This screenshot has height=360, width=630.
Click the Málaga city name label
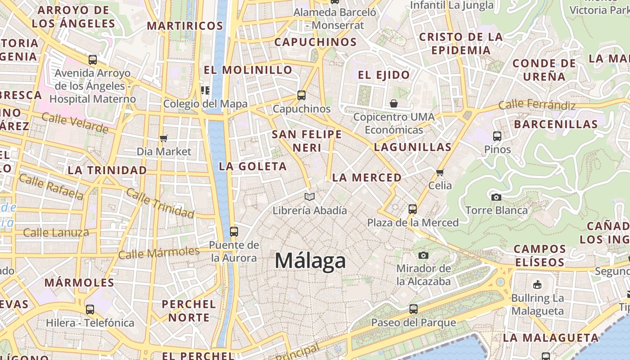(310, 261)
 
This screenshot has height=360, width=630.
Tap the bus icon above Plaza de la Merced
(413, 209)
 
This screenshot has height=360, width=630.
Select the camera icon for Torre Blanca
(496, 197)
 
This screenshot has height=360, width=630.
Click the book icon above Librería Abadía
(310, 197)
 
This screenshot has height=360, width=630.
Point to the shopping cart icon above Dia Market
(164, 138)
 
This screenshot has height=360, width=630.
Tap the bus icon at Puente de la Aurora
(234, 231)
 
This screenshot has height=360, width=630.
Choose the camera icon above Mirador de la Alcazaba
(423, 255)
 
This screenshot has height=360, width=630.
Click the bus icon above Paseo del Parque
(413, 309)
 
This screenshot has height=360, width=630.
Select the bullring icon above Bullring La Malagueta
(537, 284)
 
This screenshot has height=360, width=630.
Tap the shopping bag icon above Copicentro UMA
(394, 103)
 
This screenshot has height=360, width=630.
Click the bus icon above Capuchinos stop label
(301, 95)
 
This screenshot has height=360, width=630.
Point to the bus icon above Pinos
(497, 136)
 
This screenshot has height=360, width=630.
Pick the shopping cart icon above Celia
(440, 172)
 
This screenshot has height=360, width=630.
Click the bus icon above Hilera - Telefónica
(90, 309)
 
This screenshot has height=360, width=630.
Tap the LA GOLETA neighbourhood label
(252, 166)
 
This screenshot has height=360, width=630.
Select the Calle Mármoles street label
(158, 252)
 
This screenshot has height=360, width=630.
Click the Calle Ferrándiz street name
(537, 105)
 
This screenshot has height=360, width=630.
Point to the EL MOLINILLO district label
(248, 70)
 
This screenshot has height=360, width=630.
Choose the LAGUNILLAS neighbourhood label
(413, 147)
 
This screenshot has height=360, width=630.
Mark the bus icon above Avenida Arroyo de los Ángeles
(93, 59)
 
